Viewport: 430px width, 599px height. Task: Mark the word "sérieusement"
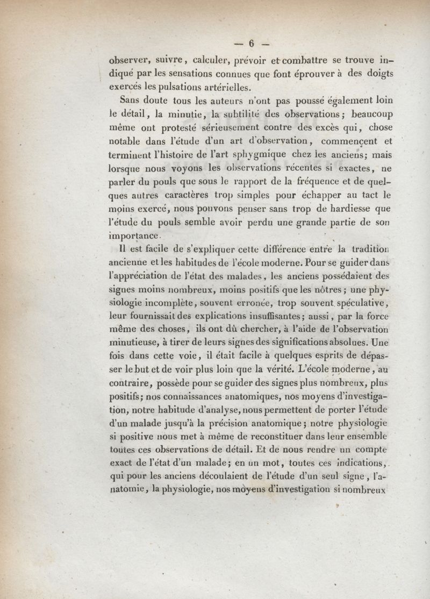pos(208,127)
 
